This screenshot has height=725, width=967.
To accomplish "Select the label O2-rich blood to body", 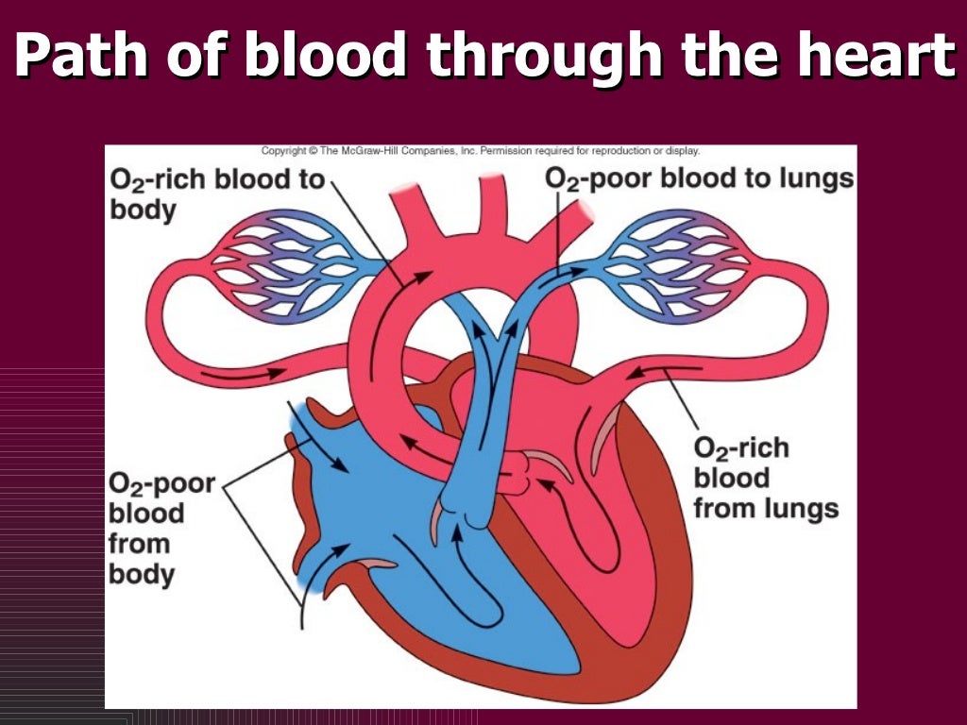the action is pyautogui.click(x=216, y=193).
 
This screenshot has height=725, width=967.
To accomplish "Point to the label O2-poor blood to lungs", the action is pyautogui.click(x=699, y=178).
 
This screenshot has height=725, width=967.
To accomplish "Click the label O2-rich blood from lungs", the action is pyautogui.click(x=766, y=478).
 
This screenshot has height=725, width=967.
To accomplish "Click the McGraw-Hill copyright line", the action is pyautogui.click(x=480, y=151).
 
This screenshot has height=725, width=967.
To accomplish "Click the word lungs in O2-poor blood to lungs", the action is pyautogui.click(x=819, y=179).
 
